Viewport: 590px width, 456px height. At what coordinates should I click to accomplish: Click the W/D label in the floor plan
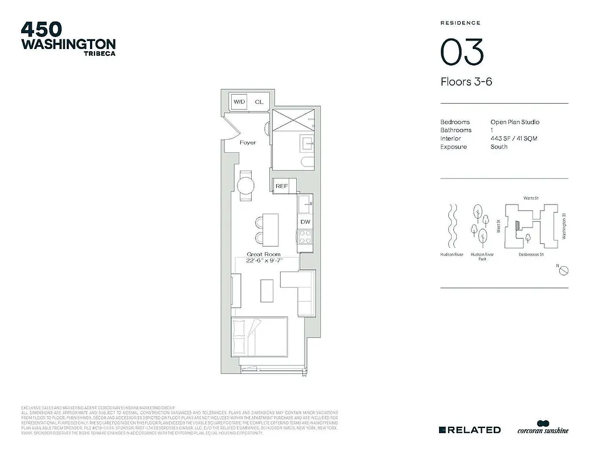coord(239,101)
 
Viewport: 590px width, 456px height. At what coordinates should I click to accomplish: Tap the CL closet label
coord(259,101)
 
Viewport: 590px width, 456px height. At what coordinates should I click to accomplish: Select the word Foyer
coord(248,142)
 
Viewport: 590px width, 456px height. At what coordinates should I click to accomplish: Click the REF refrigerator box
coord(281,186)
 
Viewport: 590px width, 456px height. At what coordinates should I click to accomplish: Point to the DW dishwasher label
coord(305,221)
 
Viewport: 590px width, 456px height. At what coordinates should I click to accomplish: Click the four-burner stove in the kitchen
coord(305,237)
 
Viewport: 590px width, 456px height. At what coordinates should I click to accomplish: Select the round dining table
coord(246,186)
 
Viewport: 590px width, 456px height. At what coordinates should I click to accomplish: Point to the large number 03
coord(462,52)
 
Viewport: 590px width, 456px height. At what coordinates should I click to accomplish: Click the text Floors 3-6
coord(466,82)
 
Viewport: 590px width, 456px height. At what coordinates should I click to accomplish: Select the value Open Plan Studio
coord(515,122)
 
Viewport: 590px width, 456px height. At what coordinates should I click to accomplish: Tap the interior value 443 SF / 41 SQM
coord(514,139)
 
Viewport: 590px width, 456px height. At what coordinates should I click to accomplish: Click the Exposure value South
coord(499,146)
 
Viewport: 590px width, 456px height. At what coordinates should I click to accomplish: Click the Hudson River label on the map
coord(452,254)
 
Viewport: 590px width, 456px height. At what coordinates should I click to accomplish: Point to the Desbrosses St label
coord(531,254)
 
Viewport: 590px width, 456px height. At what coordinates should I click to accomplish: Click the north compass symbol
coord(563,270)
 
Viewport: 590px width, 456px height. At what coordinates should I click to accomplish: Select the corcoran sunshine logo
coord(543,428)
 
